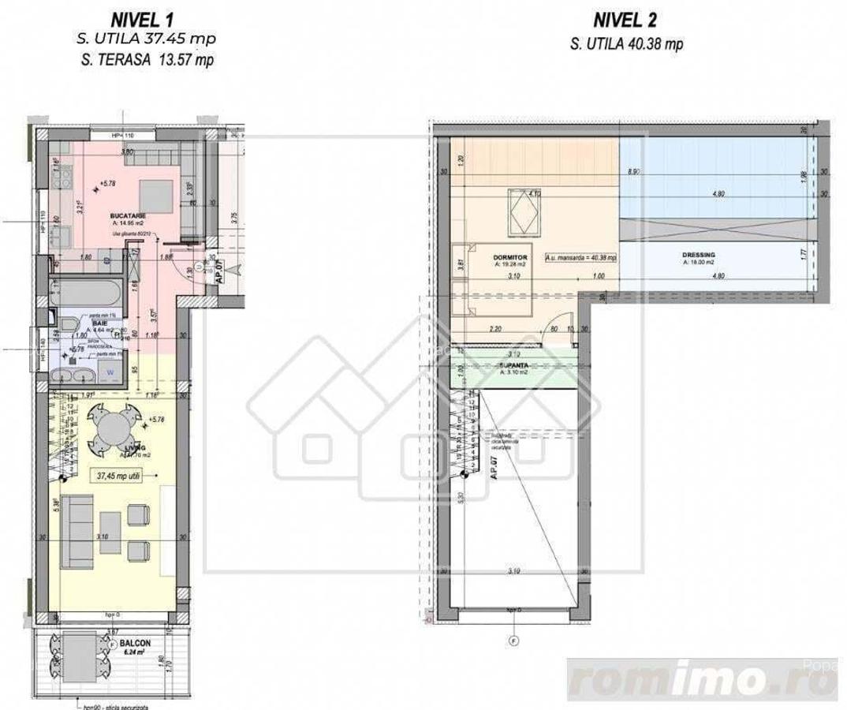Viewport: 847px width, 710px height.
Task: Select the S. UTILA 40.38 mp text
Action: [x=627, y=44]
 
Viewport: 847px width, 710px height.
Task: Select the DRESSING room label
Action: [x=699, y=256]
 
